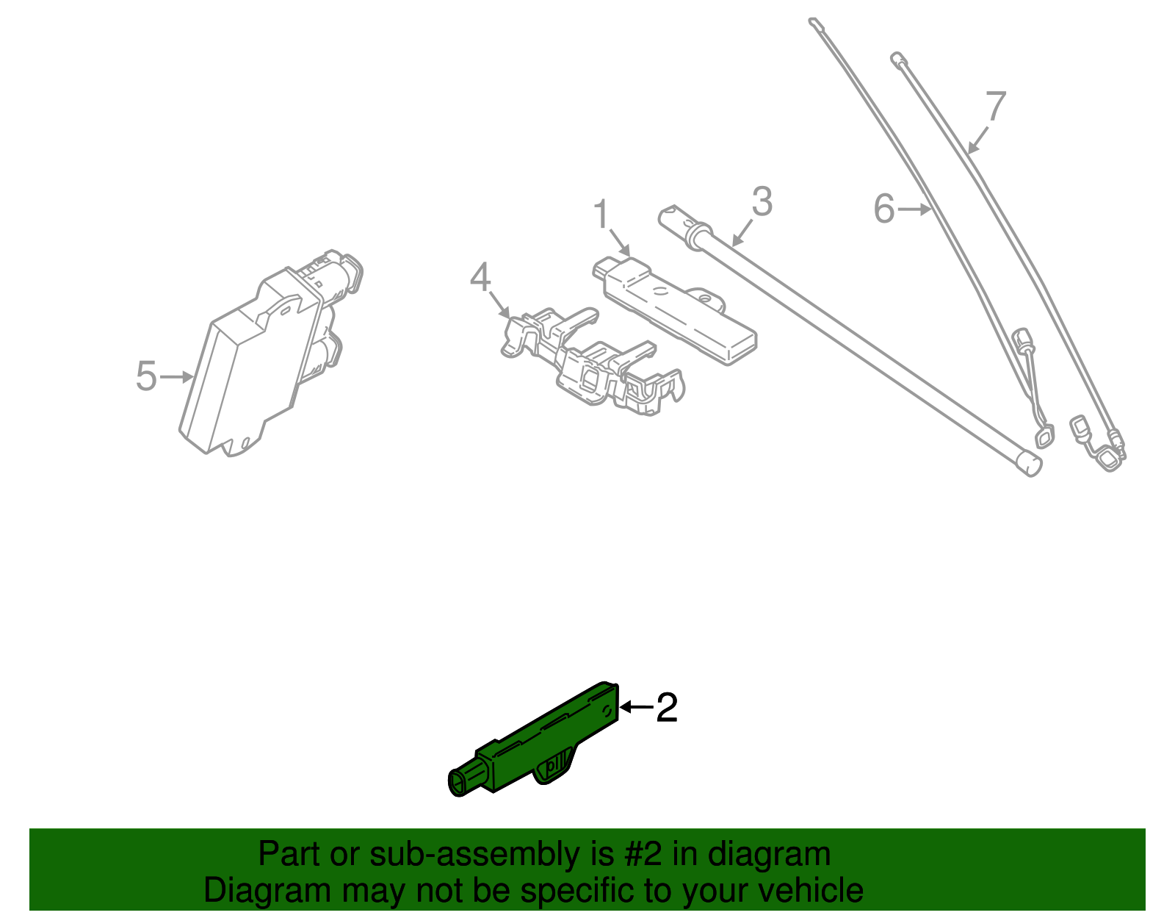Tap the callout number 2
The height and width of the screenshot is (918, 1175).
click(666, 707)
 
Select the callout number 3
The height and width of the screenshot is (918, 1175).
click(762, 201)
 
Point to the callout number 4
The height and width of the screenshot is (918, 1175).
click(480, 277)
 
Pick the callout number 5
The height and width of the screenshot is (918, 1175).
click(146, 376)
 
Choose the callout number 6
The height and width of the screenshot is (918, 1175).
click(885, 209)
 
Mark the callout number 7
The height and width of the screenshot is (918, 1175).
click(996, 106)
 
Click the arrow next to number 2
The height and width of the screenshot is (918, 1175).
click(637, 707)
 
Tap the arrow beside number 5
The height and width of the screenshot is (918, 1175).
click(177, 376)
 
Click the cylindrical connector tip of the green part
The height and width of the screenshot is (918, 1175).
click(463, 779)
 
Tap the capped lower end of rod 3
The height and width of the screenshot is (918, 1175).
click(1028, 464)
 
